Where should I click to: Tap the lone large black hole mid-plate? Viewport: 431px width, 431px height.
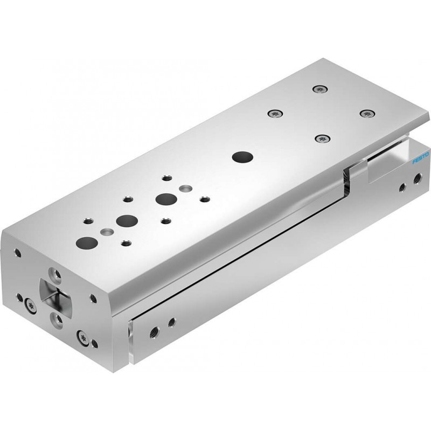(x=242, y=157)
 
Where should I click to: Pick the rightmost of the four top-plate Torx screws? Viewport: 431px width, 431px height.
(x=368, y=113)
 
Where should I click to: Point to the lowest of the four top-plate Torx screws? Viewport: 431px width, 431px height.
(x=322, y=138)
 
